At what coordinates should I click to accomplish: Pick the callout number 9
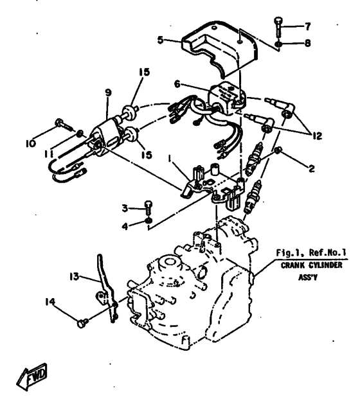click(108, 94)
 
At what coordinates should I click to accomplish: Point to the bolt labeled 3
click(148, 207)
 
